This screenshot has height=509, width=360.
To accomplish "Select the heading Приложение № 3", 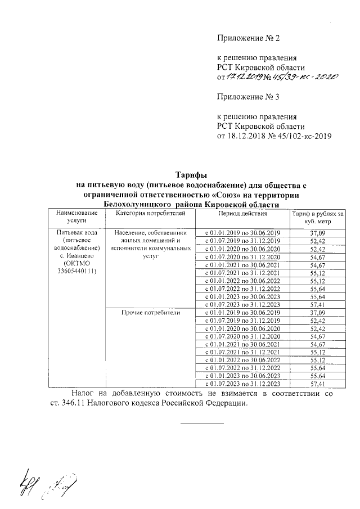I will [x=248, y=96].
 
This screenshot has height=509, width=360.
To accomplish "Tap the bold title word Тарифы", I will [x=191, y=175].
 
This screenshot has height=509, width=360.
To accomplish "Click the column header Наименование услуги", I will [x=73, y=218].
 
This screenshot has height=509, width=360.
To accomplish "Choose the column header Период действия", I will [x=243, y=214].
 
